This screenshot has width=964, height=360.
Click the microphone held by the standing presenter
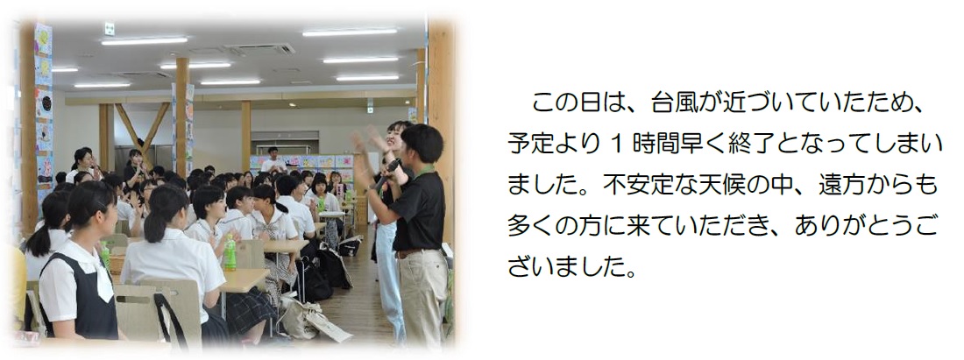tap(387, 173)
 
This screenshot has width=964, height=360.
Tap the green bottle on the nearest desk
tap(230, 252)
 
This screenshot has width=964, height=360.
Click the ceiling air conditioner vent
tap(260, 49)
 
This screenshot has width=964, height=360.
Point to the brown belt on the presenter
tap(411, 252)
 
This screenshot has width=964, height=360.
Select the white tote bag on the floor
tap(315, 320)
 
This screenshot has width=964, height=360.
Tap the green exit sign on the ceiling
tap(109, 29)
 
